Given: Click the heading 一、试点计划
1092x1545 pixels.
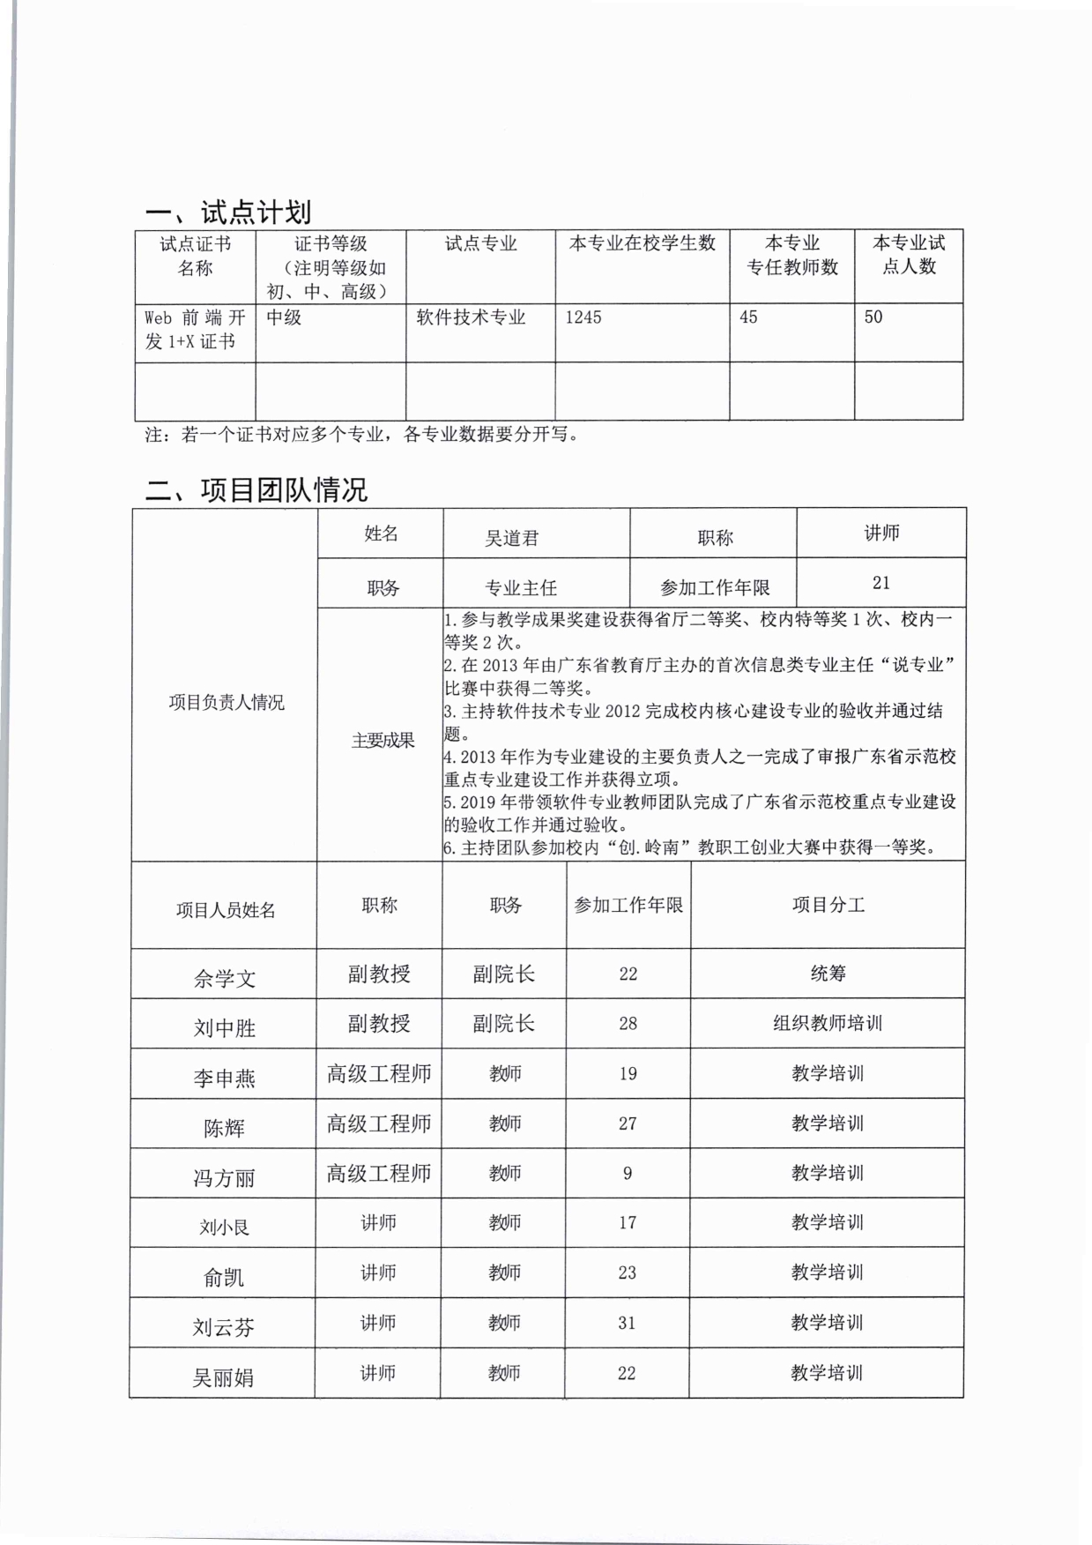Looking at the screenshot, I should point(228,213).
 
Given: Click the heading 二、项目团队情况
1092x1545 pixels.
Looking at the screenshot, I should point(256,489).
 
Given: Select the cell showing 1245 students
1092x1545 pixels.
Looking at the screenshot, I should point(583,317).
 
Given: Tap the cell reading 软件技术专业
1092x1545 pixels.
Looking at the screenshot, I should point(471,317).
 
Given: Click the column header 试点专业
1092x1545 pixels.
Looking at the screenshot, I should point(480,244).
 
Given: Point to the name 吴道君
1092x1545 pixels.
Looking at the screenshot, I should point(511,538).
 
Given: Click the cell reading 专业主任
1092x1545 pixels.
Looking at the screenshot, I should point(521,588).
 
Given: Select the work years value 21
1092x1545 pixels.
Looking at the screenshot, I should point(880,583).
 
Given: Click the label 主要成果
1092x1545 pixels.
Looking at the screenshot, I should point(383,741).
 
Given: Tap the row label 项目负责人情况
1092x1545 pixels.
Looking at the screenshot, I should point(226,703).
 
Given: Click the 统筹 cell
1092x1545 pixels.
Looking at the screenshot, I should point(828,974).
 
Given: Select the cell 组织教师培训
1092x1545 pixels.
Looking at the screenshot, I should point(827,1024).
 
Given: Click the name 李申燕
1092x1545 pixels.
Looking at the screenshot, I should point(224,1079).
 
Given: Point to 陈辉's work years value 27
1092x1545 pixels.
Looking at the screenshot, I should point(627,1123).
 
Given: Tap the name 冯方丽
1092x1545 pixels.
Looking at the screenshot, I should point(224,1178).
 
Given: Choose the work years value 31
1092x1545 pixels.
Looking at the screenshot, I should point(627,1323).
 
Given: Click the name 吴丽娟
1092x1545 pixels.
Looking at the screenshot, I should point(223,1377).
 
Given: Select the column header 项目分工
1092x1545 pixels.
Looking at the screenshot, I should point(828,906).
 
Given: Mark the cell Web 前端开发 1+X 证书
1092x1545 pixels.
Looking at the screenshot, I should point(195,330).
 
